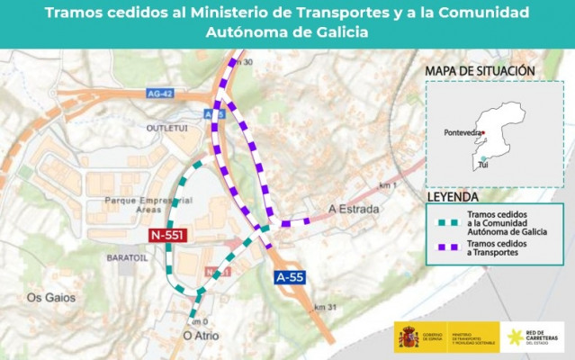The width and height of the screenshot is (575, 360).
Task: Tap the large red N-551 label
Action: click(x=168, y=236)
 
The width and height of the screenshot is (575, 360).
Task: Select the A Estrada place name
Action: click(x=354, y=209)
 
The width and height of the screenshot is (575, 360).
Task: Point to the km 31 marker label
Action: click(x=327, y=308)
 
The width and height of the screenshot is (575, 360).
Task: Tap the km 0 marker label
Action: click(x=199, y=321)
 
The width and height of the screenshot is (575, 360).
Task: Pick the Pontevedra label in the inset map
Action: click(x=463, y=133)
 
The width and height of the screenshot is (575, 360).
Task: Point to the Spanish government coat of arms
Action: click(x=407, y=337)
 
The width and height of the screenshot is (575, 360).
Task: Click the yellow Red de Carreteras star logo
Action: click(x=515, y=337)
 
